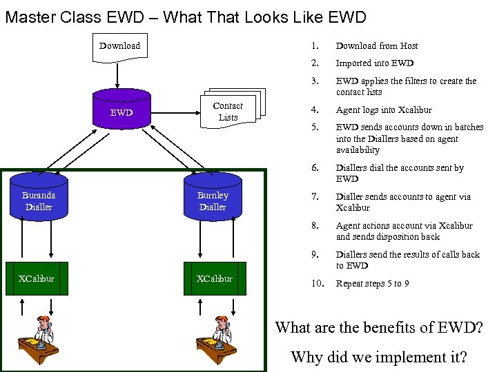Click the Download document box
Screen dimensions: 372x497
pyautogui.click(x=119, y=47)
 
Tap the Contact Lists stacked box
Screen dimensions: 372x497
pyautogui.click(x=228, y=112)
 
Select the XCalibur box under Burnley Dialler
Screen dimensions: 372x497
pyautogui.click(x=214, y=279)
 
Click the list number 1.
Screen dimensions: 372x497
pyautogui.click(x=314, y=46)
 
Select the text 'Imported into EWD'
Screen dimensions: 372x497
pyautogui.click(x=375, y=63)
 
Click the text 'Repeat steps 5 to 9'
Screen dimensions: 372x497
pyautogui.click(x=373, y=284)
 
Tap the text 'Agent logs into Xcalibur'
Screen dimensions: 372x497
pyautogui.click(x=384, y=110)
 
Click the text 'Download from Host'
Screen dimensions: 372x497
pyautogui.click(x=377, y=46)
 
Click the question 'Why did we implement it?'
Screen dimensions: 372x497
pyautogui.click(x=379, y=357)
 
